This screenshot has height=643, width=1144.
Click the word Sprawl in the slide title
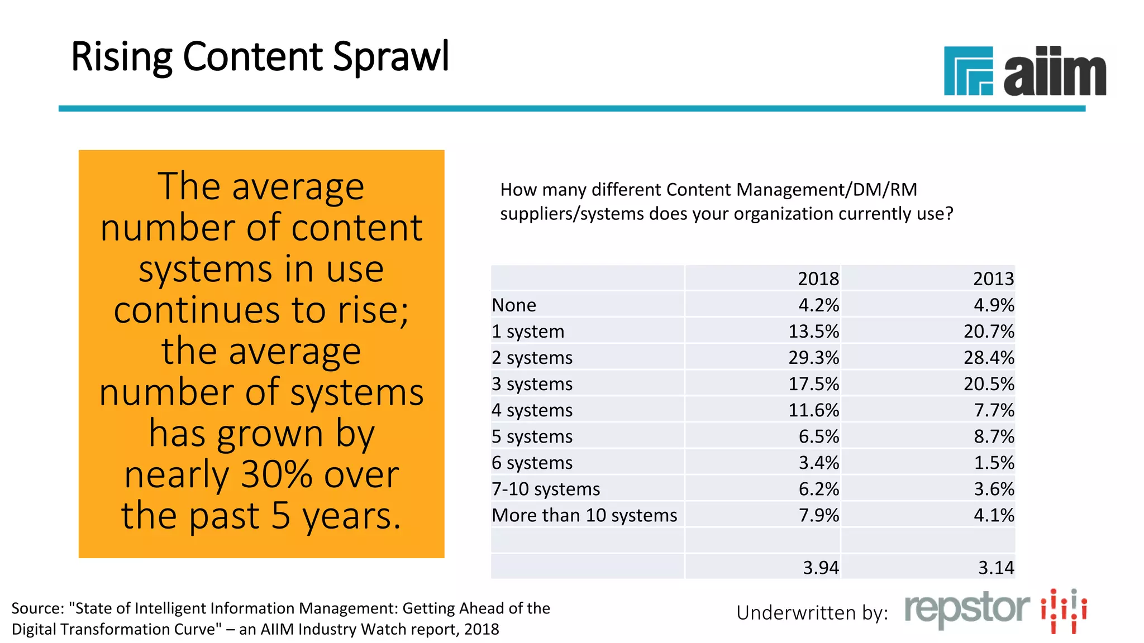point(390,57)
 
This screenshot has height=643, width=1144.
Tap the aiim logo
point(1024,71)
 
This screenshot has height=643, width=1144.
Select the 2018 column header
point(818,279)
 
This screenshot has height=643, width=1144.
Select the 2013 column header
point(993,279)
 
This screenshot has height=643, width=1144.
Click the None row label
point(514,305)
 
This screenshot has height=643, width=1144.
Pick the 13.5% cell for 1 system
point(813,332)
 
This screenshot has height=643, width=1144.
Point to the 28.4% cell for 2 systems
point(988,358)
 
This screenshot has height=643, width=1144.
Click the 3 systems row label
point(532,384)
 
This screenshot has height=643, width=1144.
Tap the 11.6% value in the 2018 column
point(813,410)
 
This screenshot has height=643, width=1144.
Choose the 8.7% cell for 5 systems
point(994,436)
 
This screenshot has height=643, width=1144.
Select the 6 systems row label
point(532,463)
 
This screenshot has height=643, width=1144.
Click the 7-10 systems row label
point(546,489)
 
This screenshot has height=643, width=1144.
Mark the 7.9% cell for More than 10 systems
point(818,515)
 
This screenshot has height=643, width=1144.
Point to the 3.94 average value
point(821,568)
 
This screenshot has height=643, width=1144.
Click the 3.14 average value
point(996,568)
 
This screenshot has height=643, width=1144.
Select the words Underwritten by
point(812,613)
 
